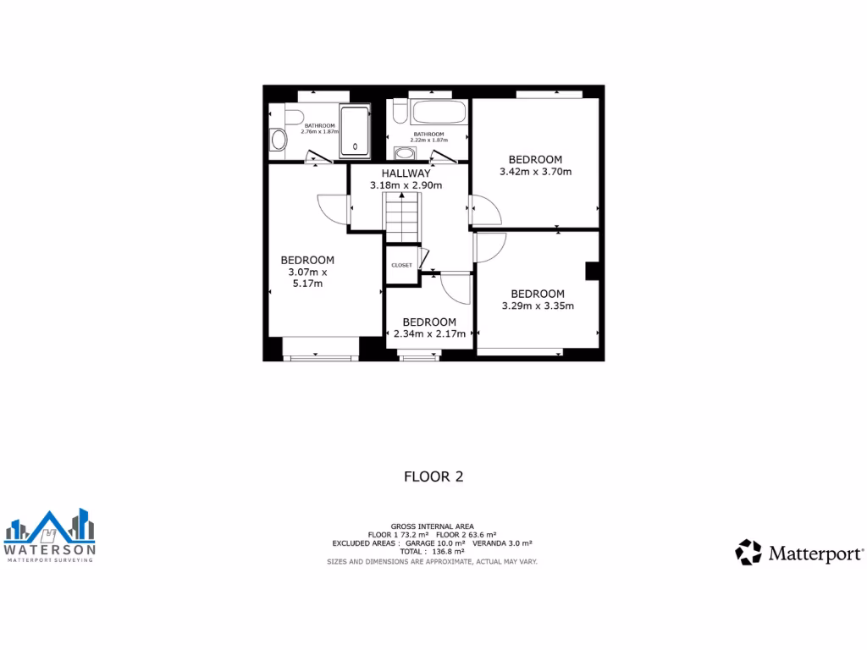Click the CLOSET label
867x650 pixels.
coord(401,265)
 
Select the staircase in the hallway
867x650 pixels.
coord(403,217)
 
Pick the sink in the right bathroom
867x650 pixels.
coord(406,153)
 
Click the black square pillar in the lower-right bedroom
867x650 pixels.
coord(594,270)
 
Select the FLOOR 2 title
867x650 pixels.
coord(433,476)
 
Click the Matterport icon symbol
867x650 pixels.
coord(748,553)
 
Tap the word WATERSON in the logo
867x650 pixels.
coord(50,549)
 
